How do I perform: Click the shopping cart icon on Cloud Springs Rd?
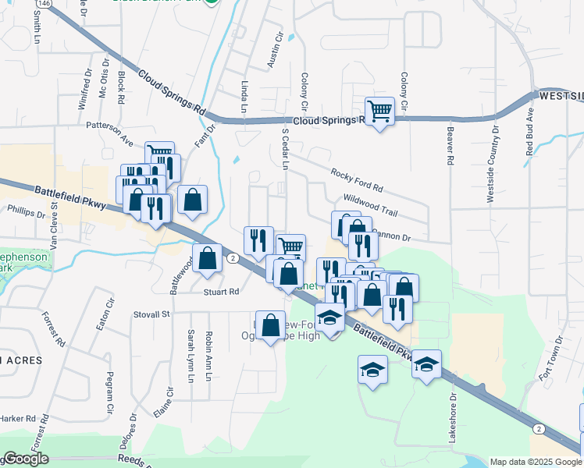379,111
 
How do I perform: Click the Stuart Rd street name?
222,292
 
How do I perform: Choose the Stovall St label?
155,314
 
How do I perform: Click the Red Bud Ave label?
530,133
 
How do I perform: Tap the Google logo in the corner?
26,459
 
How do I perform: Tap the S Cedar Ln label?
285,149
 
